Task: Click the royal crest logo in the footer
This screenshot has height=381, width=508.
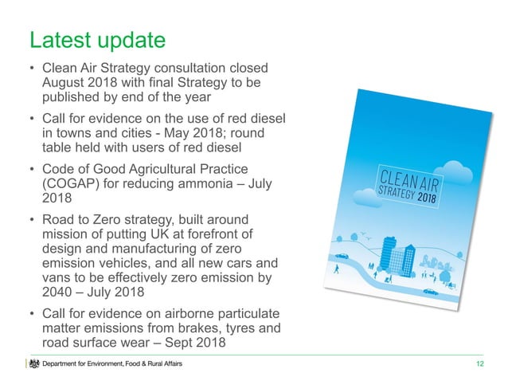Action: pyautogui.click(x=33, y=364)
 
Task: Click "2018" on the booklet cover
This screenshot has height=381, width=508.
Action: pyautogui.click(x=433, y=195)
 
